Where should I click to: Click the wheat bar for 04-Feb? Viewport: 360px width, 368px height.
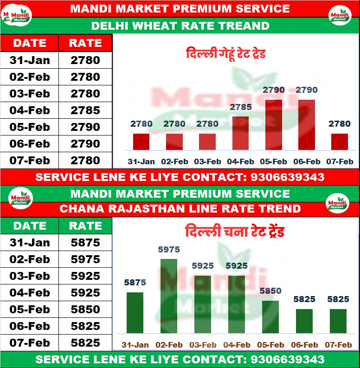240,133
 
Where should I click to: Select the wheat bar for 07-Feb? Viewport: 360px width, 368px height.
339,142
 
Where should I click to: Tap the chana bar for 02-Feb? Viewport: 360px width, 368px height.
169,296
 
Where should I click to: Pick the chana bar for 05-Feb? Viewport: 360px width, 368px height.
270,316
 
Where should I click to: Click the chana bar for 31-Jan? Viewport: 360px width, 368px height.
135,312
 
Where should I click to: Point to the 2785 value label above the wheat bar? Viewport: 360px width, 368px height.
240,107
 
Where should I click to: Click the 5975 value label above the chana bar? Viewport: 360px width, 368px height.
169,250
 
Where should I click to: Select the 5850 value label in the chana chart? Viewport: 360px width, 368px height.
270,291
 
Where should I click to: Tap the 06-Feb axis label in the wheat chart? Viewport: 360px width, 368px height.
306,161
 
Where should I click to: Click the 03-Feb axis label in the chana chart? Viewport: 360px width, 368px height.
203,345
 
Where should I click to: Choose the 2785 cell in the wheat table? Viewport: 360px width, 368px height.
85,110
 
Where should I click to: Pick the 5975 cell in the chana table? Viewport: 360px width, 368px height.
85,259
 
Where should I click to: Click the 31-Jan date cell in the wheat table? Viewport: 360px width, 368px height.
30,60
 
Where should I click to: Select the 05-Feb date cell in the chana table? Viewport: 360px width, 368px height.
30,310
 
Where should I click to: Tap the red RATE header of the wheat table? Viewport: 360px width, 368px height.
85,43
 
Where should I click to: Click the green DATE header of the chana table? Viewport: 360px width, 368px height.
30,226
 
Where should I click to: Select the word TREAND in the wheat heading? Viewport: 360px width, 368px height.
246,26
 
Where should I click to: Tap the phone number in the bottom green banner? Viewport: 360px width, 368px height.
287,359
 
